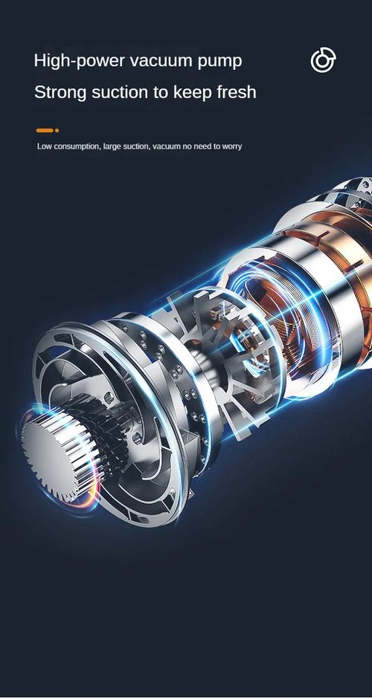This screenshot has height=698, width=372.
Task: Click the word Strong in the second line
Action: [x=60, y=93]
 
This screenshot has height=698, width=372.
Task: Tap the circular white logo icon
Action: [x=323, y=61]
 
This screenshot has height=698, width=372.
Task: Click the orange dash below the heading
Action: [x=44, y=130]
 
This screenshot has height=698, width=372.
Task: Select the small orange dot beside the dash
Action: [x=57, y=130]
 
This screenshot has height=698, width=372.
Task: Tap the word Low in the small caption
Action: [x=44, y=146]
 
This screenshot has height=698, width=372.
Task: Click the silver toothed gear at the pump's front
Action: [x=50, y=445]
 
